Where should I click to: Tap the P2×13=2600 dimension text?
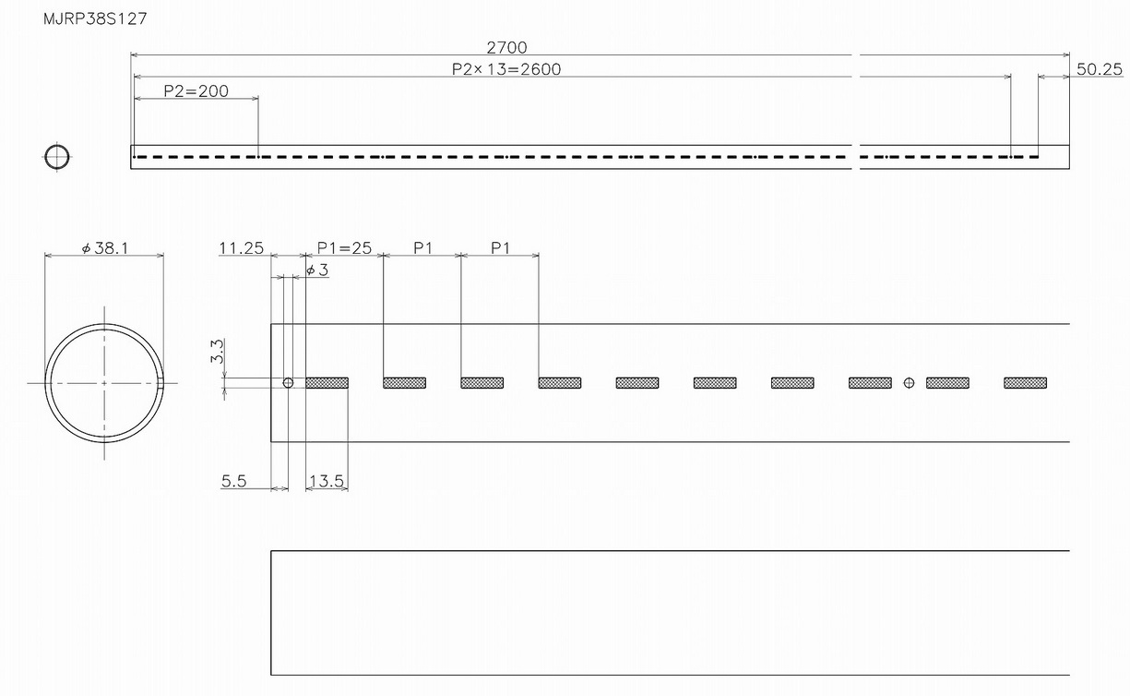(506, 69)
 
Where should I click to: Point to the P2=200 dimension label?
(196, 91)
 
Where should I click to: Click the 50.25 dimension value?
(1099, 69)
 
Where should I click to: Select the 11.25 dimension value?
(242, 248)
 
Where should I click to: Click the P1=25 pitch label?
(344, 248)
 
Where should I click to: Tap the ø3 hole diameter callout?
(315, 270)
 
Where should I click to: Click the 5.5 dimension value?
(234, 481)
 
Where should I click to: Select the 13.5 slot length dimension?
(327, 481)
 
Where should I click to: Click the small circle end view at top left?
(57, 157)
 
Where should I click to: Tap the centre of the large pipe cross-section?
(104, 382)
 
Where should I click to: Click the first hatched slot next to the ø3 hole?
(327, 382)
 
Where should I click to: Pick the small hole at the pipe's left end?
(288, 382)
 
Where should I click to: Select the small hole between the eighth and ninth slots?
(909, 382)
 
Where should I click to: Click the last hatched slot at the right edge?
(1025, 382)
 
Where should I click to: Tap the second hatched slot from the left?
(404, 382)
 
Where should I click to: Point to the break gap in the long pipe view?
(856, 157)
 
